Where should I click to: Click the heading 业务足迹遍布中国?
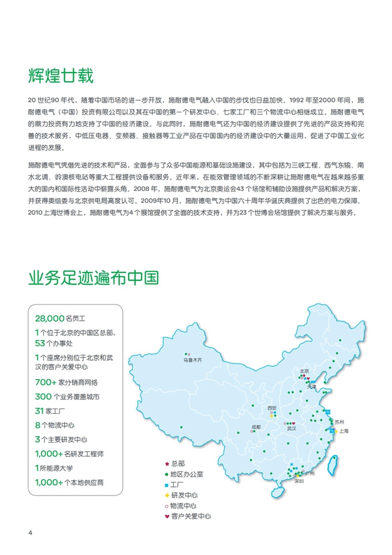(93, 279)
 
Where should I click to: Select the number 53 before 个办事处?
(39, 343)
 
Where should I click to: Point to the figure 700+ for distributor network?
(45, 382)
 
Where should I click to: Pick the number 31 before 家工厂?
(39, 411)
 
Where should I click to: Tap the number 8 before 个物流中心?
(37, 425)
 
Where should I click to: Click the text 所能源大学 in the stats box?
(55, 468)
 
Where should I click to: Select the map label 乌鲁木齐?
(193, 360)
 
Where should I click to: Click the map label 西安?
(272, 408)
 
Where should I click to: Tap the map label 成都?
(255, 427)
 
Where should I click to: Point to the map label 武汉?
(291, 429)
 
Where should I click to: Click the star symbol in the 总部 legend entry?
(167, 463)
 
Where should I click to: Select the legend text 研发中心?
(185, 495)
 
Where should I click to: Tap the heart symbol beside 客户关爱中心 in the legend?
(167, 516)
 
